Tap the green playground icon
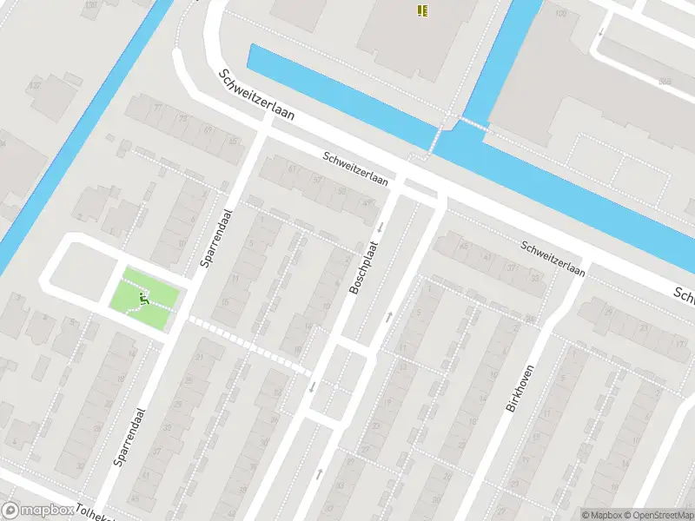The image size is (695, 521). (143, 300)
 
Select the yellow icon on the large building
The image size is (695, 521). (421, 10)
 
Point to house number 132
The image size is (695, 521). (35, 85)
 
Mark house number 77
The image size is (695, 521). (157, 109)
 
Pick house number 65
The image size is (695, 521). (233, 140)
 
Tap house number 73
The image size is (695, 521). (183, 118)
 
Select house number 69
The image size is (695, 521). (208, 129)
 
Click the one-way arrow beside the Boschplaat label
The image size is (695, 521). (380, 228)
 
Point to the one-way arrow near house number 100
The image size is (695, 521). (599, 31)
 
